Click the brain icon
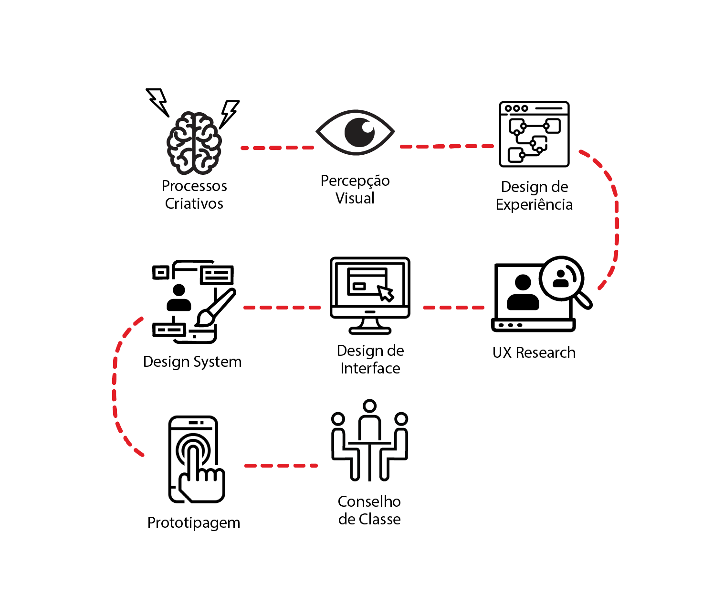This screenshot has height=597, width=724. coord(194,143)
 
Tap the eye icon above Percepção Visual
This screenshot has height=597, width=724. coord(355,132)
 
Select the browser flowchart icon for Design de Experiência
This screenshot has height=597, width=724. coord(534,134)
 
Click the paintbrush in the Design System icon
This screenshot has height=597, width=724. coord(216,308)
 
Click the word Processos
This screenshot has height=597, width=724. coord(194,186)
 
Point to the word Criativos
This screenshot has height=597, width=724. coord(194,203)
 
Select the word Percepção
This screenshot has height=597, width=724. coord(355,181)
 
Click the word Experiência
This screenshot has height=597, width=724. coord(534,204)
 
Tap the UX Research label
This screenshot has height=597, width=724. coord(534,352)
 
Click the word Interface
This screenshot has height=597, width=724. coord(370,368)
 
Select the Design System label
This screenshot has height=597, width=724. coord(192,362)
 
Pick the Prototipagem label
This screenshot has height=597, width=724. coord(194,522)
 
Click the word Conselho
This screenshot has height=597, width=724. coord(369,501)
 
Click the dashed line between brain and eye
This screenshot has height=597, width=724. coord(277,148)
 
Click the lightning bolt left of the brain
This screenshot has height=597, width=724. coord(158,101)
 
